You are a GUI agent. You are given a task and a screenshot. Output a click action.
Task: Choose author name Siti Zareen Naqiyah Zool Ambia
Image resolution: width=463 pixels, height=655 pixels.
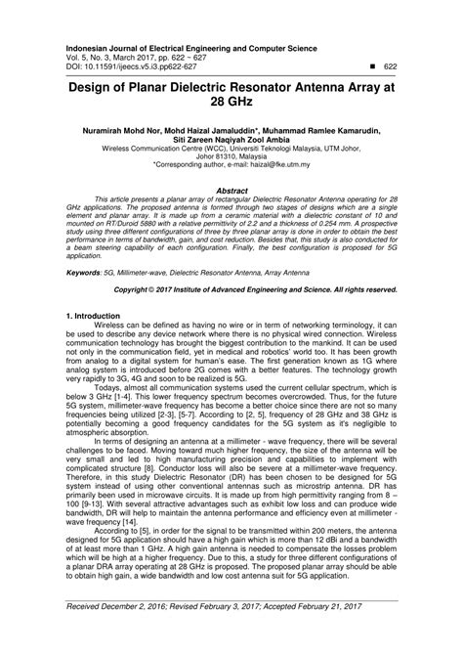(231, 140)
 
